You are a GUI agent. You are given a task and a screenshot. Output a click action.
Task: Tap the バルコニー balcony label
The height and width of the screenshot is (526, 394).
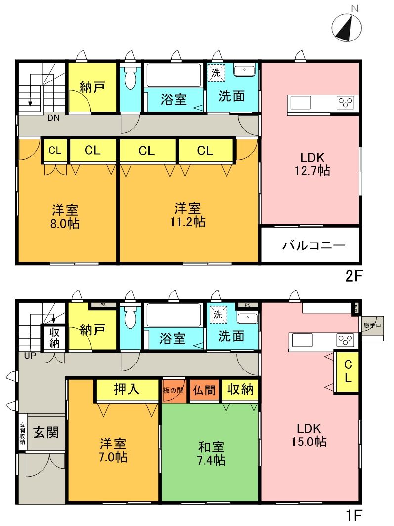tap(313, 245)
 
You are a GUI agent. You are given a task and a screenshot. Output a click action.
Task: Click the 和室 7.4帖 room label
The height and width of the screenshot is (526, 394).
tap(211, 454)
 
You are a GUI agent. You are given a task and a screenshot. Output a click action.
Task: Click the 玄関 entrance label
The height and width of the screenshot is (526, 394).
tap(46, 433)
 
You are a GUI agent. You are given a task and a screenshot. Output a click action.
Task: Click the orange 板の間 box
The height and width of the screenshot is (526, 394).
tap(174, 390)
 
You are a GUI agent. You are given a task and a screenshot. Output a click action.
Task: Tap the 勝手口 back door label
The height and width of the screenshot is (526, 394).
tap(370, 325)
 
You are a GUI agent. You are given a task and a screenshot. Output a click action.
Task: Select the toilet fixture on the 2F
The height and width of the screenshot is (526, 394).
tap(130, 79)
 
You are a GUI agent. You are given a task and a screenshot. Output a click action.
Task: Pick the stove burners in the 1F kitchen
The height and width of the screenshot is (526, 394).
tap(346, 340)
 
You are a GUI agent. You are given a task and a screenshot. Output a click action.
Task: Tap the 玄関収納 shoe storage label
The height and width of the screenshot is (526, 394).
tap(22, 433)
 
